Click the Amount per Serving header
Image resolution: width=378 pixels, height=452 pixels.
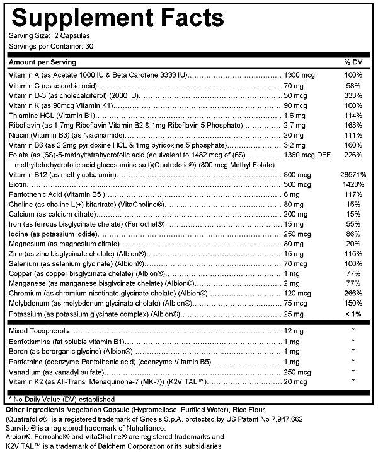point(43,62)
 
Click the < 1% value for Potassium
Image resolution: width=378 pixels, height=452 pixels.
point(352,313)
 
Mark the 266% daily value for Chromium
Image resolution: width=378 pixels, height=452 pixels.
point(352,293)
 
